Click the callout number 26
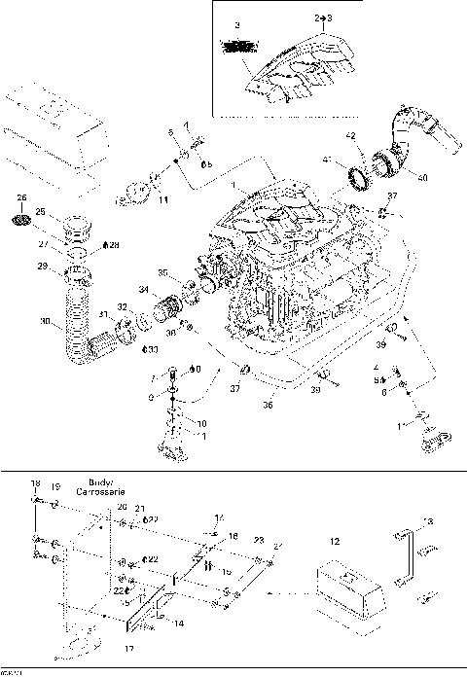21,197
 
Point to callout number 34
143,290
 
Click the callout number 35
163,272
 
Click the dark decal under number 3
238,45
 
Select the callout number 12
334,541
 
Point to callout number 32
123,306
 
